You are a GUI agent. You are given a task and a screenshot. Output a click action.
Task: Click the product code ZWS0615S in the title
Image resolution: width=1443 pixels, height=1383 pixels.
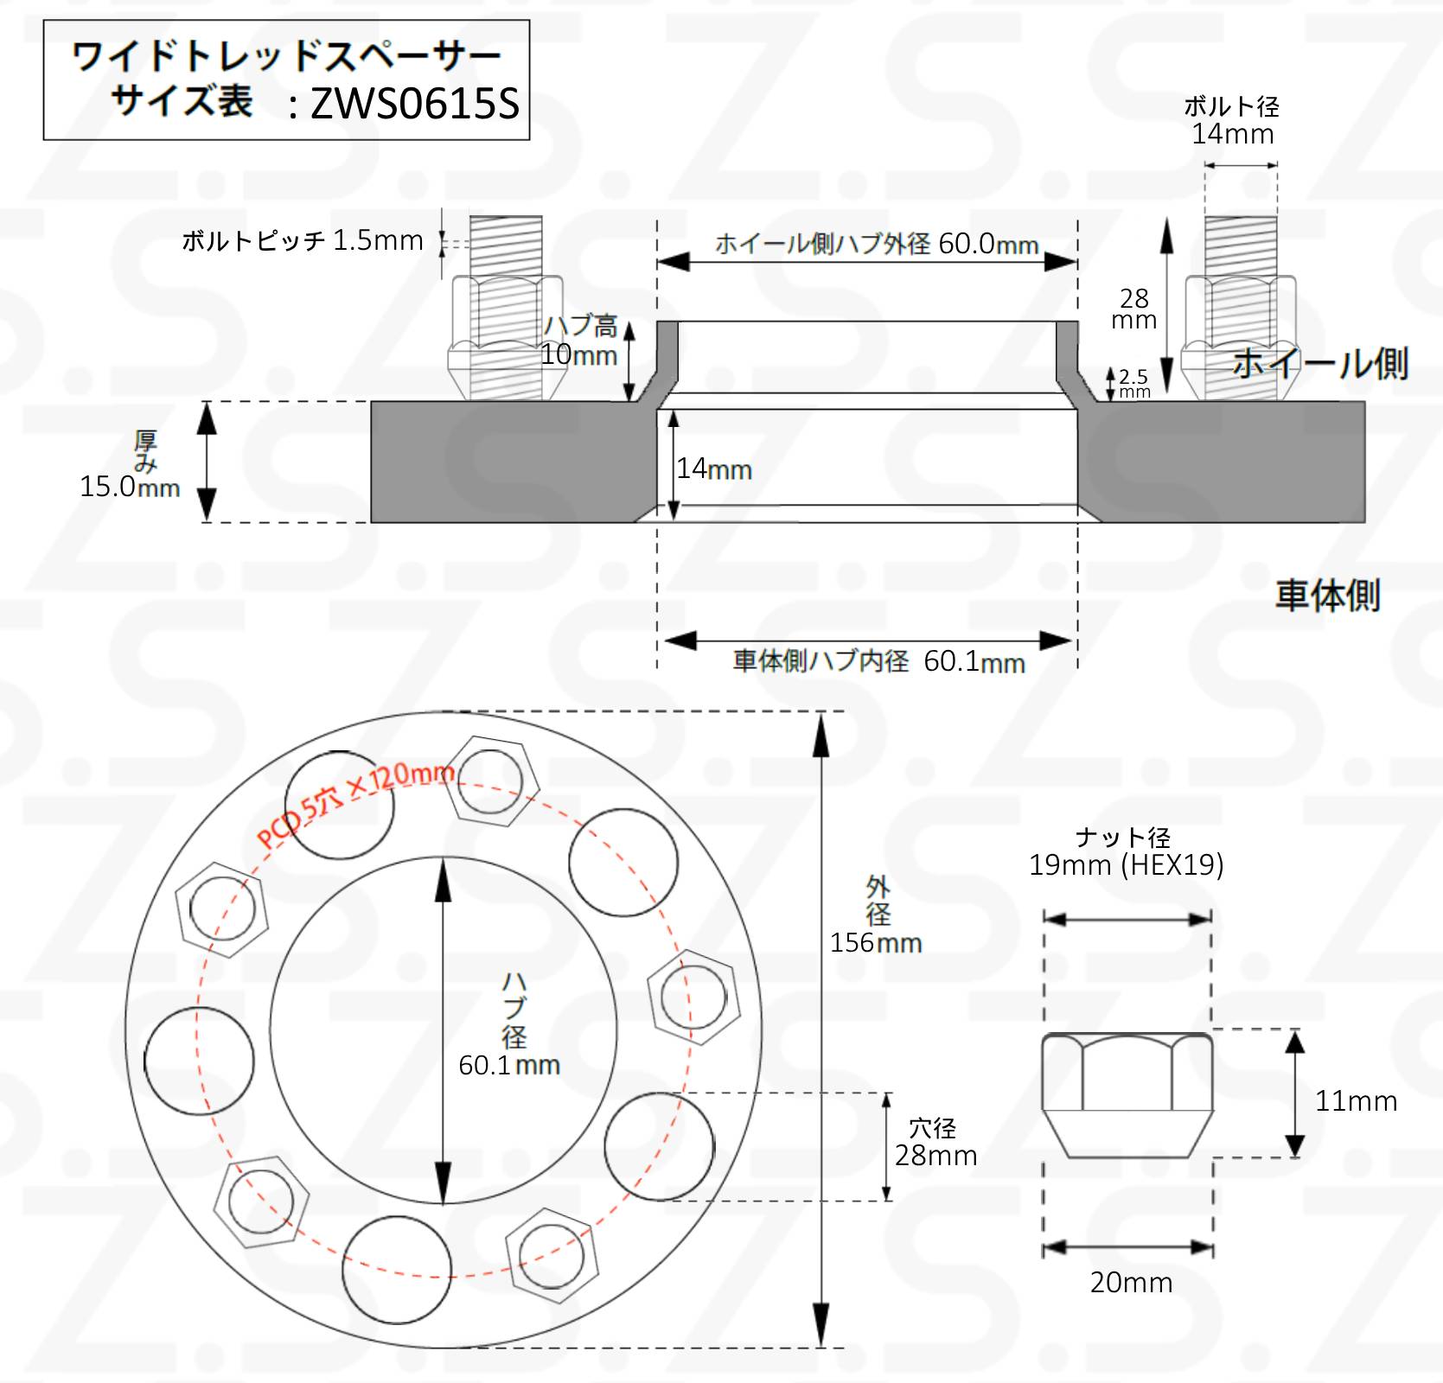tap(415, 104)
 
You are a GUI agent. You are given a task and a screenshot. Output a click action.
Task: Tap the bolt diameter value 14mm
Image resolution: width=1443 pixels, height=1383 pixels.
tap(1233, 134)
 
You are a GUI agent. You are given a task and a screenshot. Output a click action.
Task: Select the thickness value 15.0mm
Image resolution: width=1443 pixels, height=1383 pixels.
tap(130, 487)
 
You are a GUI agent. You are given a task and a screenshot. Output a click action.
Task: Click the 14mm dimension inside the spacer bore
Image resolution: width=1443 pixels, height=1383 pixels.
tap(714, 468)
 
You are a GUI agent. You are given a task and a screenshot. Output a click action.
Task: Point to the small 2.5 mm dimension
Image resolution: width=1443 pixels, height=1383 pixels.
tap(1134, 383)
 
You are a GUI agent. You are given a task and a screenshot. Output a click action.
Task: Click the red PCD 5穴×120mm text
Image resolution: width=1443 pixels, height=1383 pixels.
tap(356, 804)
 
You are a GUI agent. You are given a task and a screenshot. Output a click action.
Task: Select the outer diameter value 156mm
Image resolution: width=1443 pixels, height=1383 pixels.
tap(876, 942)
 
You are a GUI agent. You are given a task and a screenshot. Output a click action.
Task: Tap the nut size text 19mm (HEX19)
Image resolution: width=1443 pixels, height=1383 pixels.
tap(1126, 864)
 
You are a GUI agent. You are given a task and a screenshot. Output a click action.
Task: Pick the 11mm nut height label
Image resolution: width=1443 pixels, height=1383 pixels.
tap(1356, 1100)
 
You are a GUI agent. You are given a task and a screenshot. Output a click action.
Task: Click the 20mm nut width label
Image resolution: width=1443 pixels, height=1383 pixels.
tap(1131, 1282)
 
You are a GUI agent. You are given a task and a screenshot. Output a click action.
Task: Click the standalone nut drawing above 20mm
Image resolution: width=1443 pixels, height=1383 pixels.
tap(1127, 1094)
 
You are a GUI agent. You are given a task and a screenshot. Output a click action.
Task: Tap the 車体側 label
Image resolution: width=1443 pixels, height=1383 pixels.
tap(1328, 596)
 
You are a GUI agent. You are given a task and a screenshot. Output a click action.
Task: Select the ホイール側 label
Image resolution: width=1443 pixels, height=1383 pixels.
tap(1320, 363)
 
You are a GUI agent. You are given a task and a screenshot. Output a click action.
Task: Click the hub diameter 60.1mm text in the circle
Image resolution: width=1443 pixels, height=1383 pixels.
tap(509, 1064)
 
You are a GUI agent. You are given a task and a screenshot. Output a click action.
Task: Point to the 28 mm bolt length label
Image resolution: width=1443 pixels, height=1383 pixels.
tap(1134, 309)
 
